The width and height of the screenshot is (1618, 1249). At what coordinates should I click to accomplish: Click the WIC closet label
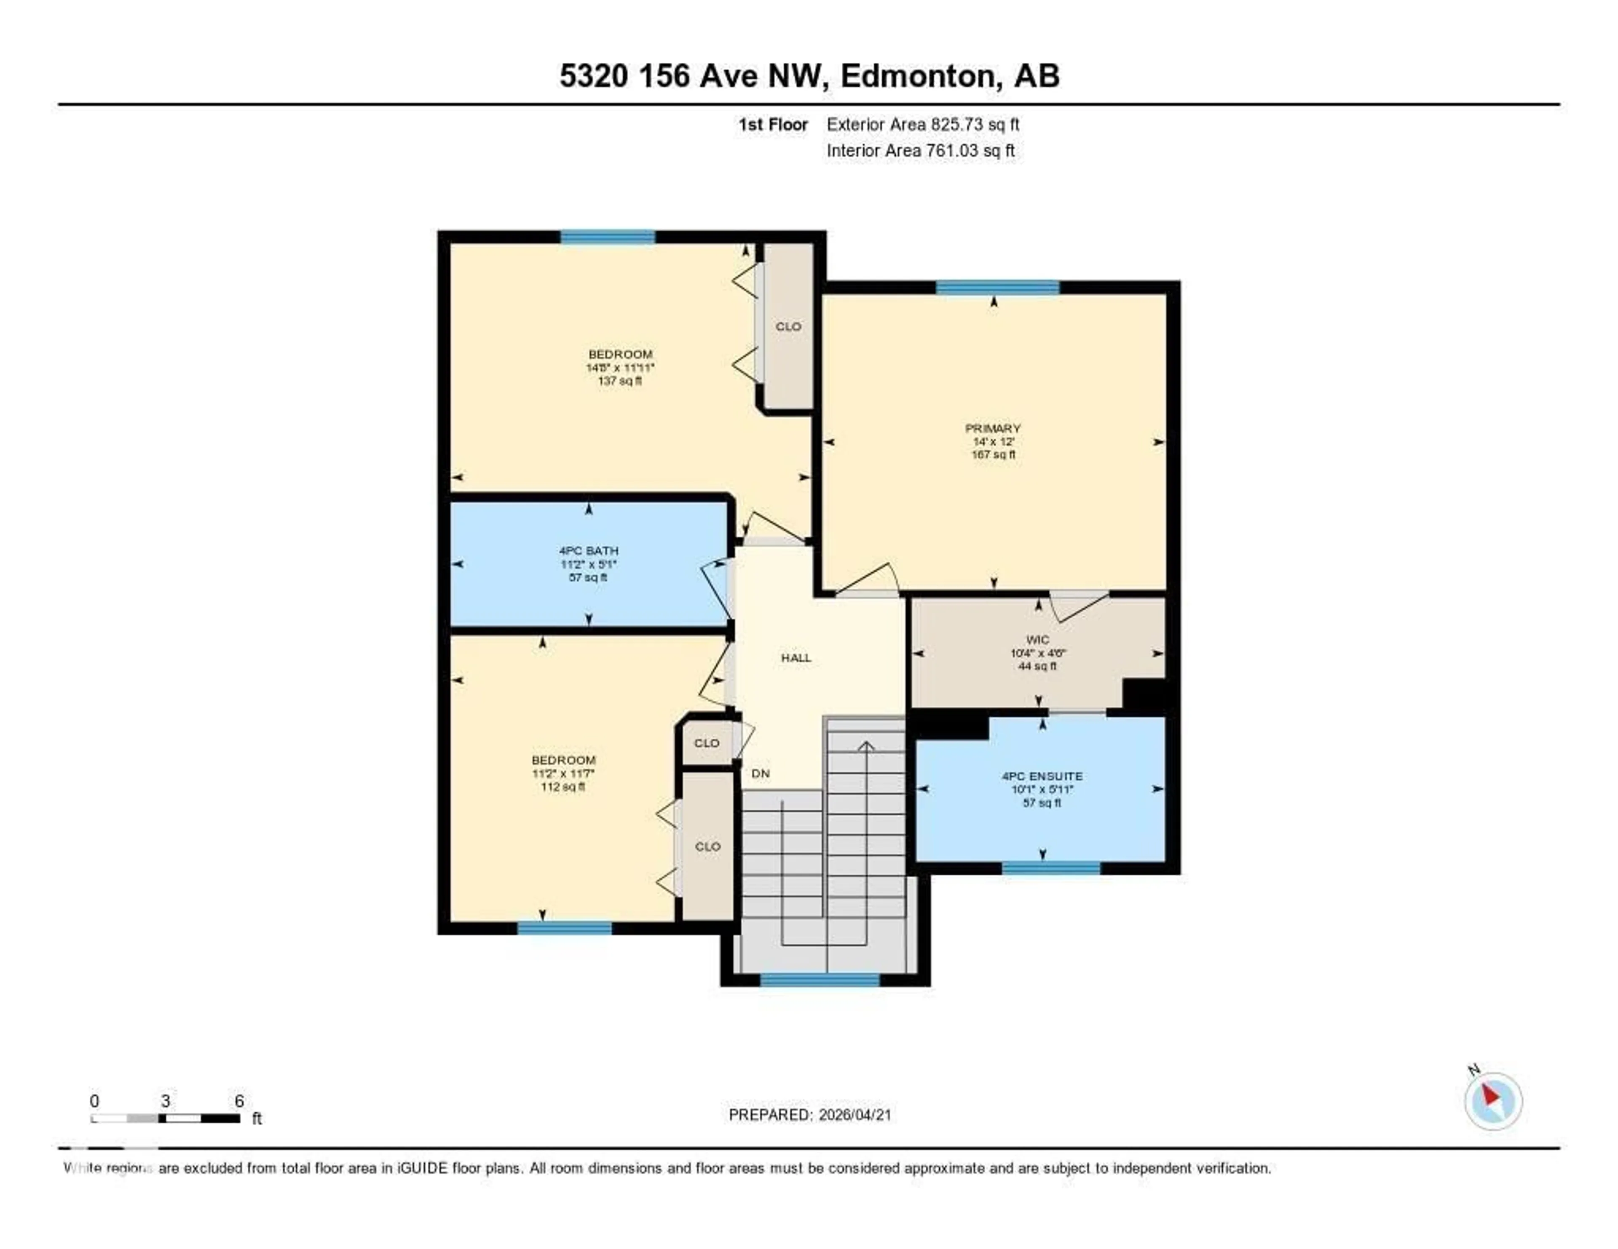click(1037, 640)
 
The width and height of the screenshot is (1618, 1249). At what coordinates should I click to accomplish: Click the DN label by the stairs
click(760, 773)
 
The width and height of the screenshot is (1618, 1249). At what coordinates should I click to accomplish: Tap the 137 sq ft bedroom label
click(620, 367)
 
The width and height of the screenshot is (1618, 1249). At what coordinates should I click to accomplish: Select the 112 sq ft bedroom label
click(563, 773)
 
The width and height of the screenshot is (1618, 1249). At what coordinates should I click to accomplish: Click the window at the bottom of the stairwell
click(820, 979)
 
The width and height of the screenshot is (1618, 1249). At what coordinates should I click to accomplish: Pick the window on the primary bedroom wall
click(997, 287)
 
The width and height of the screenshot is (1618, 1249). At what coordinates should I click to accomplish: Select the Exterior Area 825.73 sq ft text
click(922, 124)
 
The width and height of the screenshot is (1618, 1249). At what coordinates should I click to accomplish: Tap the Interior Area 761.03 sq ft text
click(920, 150)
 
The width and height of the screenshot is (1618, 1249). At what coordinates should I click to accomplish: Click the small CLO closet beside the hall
click(706, 742)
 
